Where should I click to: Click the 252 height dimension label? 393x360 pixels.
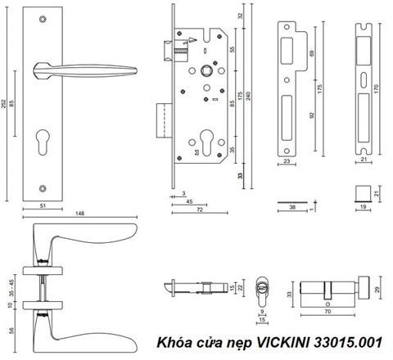click(4, 103)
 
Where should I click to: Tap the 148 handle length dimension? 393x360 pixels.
click(79, 213)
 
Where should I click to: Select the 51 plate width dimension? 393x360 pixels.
click(43, 205)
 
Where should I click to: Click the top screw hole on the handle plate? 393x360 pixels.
click(43, 19)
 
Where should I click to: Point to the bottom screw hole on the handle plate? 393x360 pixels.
click(43, 188)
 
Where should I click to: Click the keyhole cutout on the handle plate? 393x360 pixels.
click(43, 142)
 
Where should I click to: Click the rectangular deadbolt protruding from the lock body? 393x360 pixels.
click(165, 120)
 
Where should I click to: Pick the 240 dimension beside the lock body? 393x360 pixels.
click(248, 96)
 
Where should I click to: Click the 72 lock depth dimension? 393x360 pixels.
click(200, 209)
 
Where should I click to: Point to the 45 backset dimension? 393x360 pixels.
click(189, 201)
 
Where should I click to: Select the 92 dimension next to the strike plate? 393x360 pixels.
click(312, 115)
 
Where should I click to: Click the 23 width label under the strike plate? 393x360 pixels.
click(287, 161)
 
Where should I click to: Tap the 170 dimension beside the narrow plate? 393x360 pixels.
click(376, 89)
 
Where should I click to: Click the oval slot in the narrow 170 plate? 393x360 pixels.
click(364, 80)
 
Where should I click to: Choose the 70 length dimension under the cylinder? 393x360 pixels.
click(327, 311)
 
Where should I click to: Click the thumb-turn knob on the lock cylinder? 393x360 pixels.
click(364, 288)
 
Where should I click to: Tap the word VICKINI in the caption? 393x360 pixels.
click(282, 342)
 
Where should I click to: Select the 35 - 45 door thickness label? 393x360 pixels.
click(11, 288)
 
